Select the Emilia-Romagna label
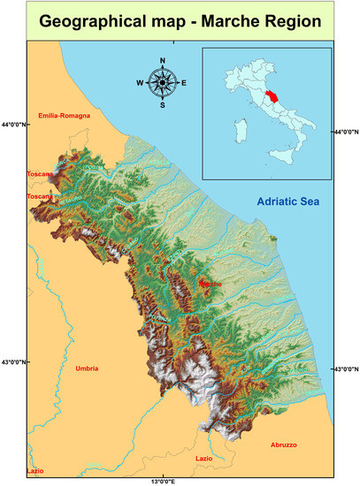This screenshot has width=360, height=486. tap(65, 116)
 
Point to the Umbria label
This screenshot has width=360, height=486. tap(87, 368)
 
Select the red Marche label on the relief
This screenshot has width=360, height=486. tap(211, 284)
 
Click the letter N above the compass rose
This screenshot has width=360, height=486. tap(162, 61)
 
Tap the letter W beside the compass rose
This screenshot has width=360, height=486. tap(140, 83)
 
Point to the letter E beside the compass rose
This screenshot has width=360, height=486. tap(183, 83)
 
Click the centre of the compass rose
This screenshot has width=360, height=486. tap(162, 83)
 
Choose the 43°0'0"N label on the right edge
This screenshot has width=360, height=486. tap(345, 369)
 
